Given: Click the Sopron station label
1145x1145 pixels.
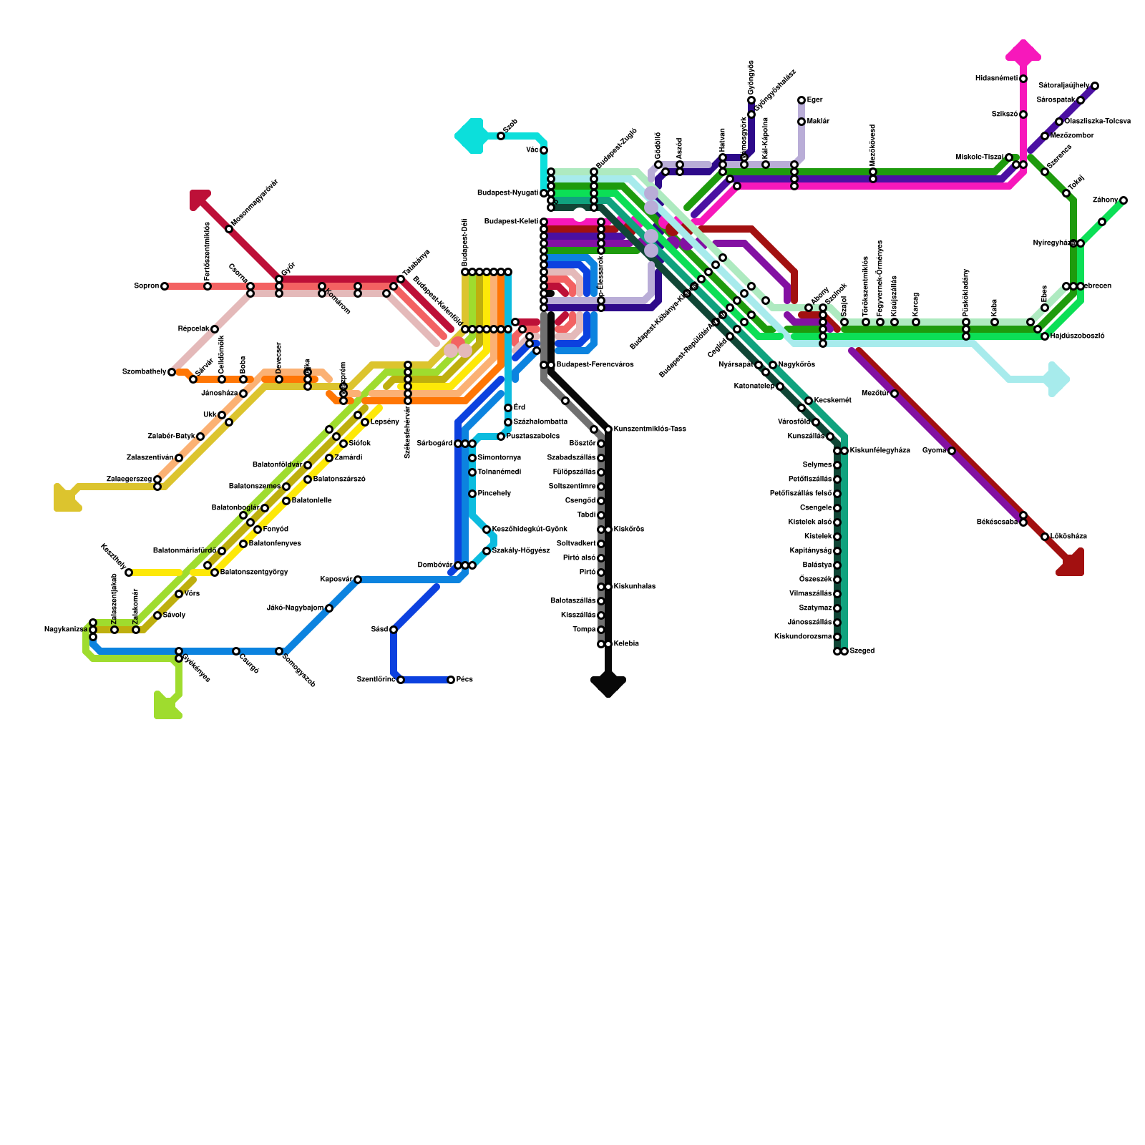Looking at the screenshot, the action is tap(146, 286).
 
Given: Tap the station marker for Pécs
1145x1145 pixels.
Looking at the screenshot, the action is tap(451, 680).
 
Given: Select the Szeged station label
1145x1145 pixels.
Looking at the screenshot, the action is tap(862, 651).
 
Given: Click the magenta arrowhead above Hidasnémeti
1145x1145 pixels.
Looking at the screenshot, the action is tap(1023, 52).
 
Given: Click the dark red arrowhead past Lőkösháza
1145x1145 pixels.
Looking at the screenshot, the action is tap(1072, 564).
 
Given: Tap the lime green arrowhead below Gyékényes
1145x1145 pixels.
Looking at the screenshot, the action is tap(166, 706).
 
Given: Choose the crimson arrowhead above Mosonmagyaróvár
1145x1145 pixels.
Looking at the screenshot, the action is tap(200, 199).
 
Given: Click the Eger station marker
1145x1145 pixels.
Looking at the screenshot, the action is tap(801, 100).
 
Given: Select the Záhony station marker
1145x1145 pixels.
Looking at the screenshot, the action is tap(1124, 200).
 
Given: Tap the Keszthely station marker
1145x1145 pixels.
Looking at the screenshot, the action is tap(129, 572).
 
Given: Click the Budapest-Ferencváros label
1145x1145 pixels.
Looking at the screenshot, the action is tap(595, 365).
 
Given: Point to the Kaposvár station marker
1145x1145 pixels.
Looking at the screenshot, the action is tap(358, 580).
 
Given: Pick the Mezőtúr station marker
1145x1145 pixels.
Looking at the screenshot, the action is tap(895, 394).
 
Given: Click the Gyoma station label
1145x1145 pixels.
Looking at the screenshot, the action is tap(933, 451).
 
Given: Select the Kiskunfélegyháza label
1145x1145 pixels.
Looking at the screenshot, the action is tap(880, 451).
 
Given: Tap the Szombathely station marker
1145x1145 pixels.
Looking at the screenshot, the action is tap(172, 372).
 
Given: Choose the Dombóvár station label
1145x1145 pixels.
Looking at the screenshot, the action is tap(434, 565).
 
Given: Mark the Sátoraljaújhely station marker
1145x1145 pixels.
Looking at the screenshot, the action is tap(1095, 86).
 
